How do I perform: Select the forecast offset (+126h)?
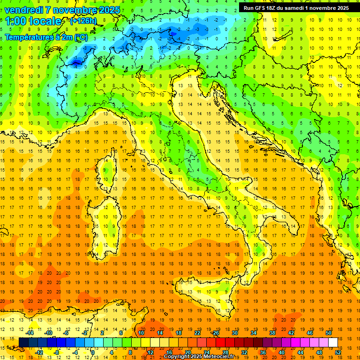click(83, 21)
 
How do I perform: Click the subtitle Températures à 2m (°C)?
click(46, 37)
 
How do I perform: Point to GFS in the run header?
click(263, 7)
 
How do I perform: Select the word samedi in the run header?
click(304, 7)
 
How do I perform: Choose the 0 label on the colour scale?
click(93, 352)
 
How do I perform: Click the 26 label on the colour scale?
click(216, 333)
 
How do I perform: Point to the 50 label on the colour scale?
click(328, 333)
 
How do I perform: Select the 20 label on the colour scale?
click(187, 352)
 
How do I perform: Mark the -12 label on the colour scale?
click(39, 352)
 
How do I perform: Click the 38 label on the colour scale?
click(272, 333)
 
